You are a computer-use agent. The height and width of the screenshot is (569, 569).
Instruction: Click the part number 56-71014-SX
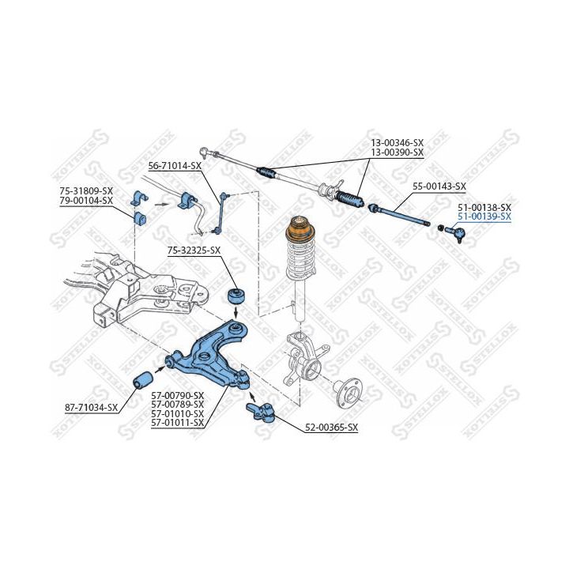coord(175,166)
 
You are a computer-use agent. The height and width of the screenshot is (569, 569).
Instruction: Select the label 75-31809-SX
coord(86,191)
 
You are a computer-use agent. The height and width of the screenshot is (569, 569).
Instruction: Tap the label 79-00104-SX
coord(86,200)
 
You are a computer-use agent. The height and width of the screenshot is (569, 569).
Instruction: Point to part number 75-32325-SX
coord(194,251)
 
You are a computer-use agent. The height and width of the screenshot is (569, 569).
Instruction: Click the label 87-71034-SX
coord(91,408)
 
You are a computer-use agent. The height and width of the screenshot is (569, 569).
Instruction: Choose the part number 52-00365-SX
coord(331,428)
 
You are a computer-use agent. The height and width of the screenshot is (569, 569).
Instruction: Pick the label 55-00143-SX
coord(439,187)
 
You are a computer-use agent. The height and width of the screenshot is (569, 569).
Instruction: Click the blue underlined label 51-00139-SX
coord(484,216)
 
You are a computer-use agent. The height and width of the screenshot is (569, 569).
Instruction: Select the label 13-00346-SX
coord(398,143)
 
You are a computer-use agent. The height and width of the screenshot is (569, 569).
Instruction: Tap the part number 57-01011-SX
coord(177,423)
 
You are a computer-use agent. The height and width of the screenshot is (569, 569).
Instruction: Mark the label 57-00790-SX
coord(177,394)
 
